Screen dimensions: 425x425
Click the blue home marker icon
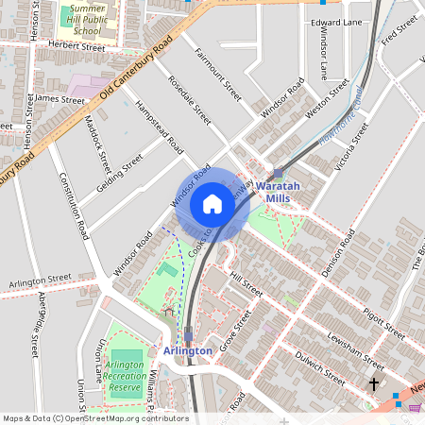[x=212, y=204]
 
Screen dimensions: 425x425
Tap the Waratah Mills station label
[x=279, y=193]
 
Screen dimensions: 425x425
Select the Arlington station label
[x=187, y=350]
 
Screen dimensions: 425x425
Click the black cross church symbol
[x=374, y=383]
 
